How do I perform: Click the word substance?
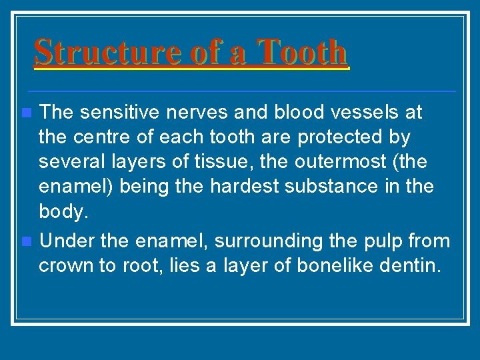click(329, 186)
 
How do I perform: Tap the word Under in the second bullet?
click(63, 240)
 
